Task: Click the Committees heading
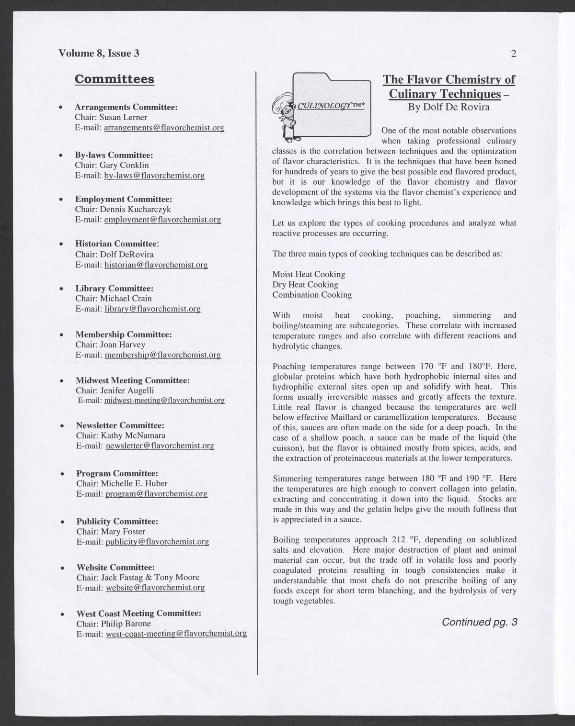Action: (x=115, y=79)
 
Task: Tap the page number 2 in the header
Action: (x=513, y=54)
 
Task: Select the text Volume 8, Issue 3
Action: (x=99, y=53)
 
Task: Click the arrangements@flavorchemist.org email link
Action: (x=164, y=128)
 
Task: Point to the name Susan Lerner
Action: (x=123, y=117)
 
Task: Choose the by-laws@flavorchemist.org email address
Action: (x=154, y=176)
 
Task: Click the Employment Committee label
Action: (x=123, y=199)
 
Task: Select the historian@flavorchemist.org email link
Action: (x=156, y=265)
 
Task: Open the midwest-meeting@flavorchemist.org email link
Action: (x=164, y=400)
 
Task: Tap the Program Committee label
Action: (x=117, y=473)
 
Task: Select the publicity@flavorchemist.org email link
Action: (x=157, y=542)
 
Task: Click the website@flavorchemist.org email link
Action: (x=155, y=588)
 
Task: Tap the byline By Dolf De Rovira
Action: (x=448, y=107)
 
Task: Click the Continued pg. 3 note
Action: (x=480, y=622)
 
